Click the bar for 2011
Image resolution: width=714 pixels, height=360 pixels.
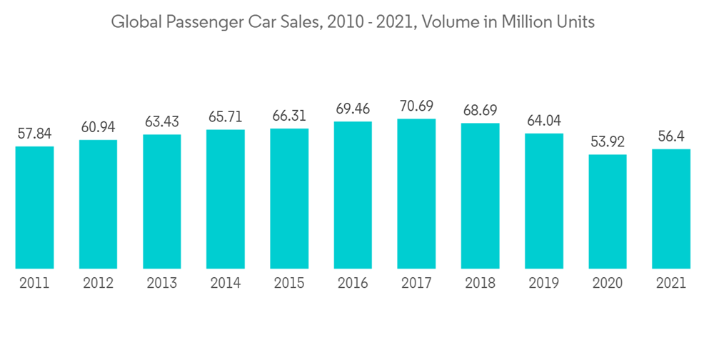pyautogui.click(x=34, y=207)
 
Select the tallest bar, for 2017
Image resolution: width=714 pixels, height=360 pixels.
pyautogui.click(x=416, y=194)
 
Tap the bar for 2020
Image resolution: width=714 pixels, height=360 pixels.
pyautogui.click(x=608, y=211)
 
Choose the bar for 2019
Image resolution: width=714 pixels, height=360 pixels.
pyautogui.click(x=544, y=201)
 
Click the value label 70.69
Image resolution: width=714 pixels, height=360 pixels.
pyautogui.click(x=416, y=106)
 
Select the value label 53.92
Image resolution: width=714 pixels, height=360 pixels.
pyautogui.click(x=608, y=142)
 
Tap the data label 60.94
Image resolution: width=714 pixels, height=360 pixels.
pyautogui.click(x=98, y=127)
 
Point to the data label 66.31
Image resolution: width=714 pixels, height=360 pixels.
pyautogui.click(x=289, y=116)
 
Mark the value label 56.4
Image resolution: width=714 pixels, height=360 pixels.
pyautogui.click(x=671, y=136)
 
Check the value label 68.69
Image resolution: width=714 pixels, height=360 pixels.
pyautogui.click(x=480, y=111)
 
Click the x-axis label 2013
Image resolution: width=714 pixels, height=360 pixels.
pyautogui.click(x=162, y=284)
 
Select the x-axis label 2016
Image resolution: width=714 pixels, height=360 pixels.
pyautogui.click(x=353, y=284)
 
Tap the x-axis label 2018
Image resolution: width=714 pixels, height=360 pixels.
pyautogui.click(x=480, y=284)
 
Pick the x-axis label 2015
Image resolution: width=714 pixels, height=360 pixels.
pyautogui.click(x=289, y=284)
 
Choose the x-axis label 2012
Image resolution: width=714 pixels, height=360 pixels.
pyautogui.click(x=98, y=284)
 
